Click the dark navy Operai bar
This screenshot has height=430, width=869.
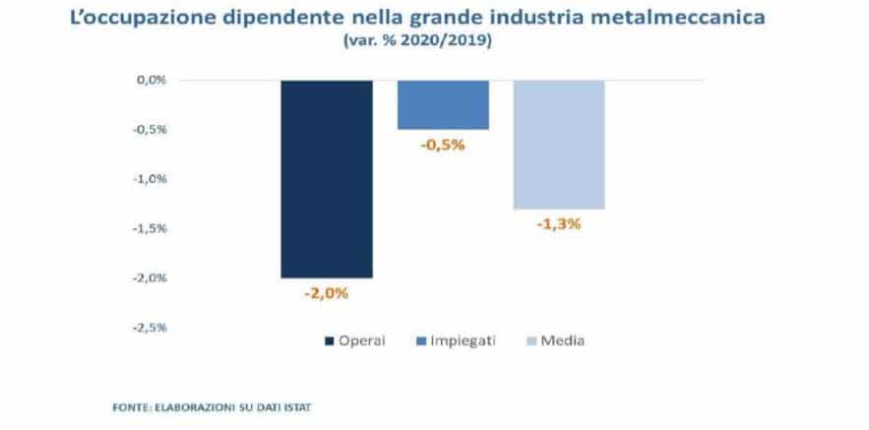pos(327,178)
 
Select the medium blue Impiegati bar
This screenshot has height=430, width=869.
pos(443,104)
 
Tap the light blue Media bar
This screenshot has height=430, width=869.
pos(559,144)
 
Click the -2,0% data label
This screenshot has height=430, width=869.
pos(327,292)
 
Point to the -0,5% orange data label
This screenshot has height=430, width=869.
pos(443,145)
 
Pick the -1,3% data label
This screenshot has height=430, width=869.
pos(559,223)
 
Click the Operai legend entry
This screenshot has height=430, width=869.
pos(354,340)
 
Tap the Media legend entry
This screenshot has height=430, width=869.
pos(560,340)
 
